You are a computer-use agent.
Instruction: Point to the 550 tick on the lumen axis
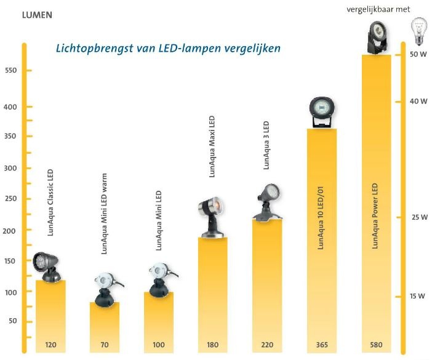(11, 71)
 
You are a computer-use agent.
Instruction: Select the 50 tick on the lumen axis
(11, 321)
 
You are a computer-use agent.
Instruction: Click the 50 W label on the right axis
(418, 54)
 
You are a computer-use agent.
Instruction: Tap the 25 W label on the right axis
(418, 217)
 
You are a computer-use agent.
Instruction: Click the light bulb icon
(418, 31)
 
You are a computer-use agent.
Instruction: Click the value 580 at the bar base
(376, 345)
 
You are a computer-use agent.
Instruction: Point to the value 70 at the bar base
(105, 345)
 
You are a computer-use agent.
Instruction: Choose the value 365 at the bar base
(322, 345)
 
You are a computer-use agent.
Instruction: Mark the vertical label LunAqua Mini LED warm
(104, 214)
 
